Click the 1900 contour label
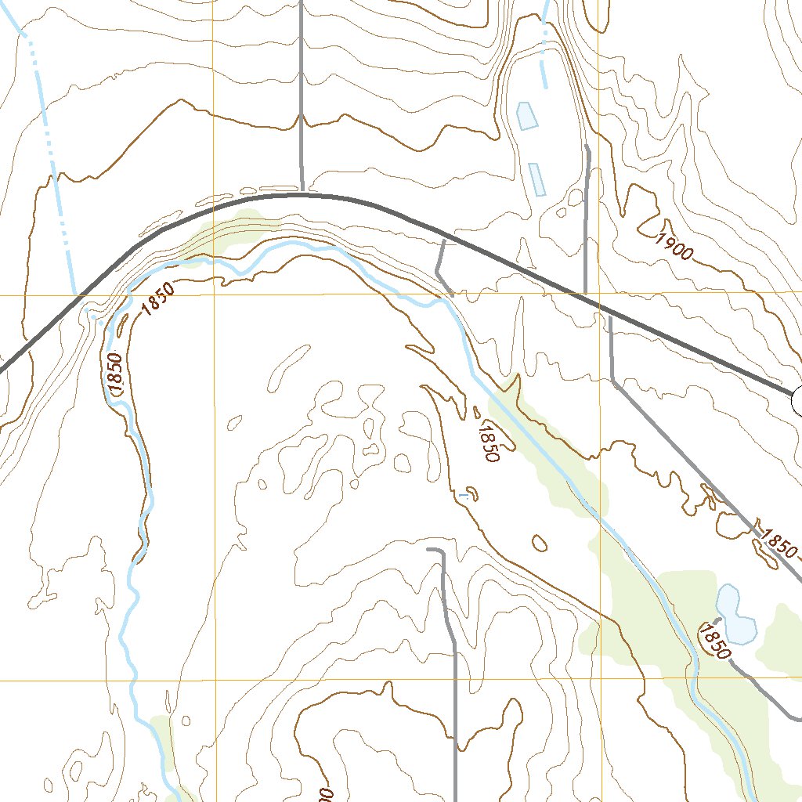pyautogui.click(x=676, y=245)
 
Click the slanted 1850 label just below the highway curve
pyautogui.click(x=158, y=299)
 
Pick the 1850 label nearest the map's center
pyautogui.click(x=487, y=442)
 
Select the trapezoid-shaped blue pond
pyautogui.click(x=527, y=115)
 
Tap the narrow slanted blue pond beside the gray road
pyautogui.click(x=537, y=179)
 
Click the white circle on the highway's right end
pyautogui.click(x=798, y=400)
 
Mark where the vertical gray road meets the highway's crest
pyautogui.click(x=302, y=192)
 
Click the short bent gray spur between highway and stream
pyautogui.click(x=440, y=269)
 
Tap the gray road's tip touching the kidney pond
pyautogui.click(x=718, y=620)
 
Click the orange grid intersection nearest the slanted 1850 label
pyautogui.click(x=213, y=295)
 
